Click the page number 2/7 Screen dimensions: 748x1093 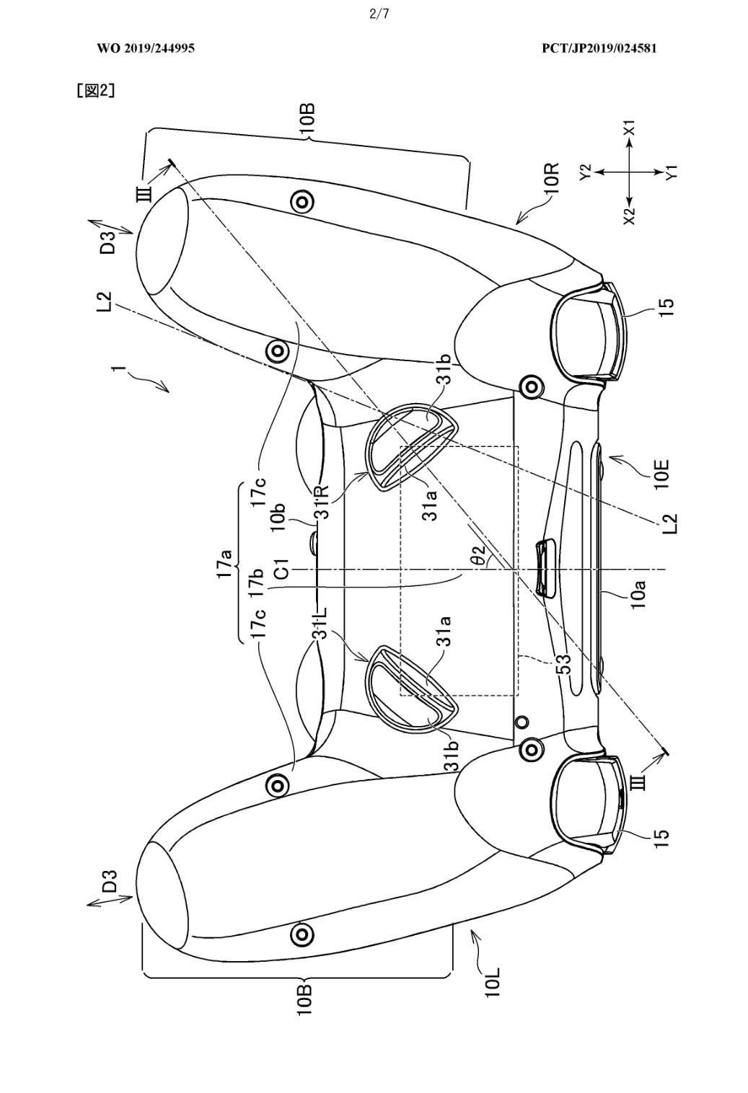click(x=379, y=14)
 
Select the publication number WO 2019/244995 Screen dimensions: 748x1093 click(x=146, y=48)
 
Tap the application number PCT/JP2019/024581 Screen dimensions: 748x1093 click(x=599, y=48)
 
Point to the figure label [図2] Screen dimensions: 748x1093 click(x=95, y=91)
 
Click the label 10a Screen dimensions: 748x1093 click(x=639, y=593)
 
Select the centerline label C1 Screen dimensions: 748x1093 click(x=282, y=569)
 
